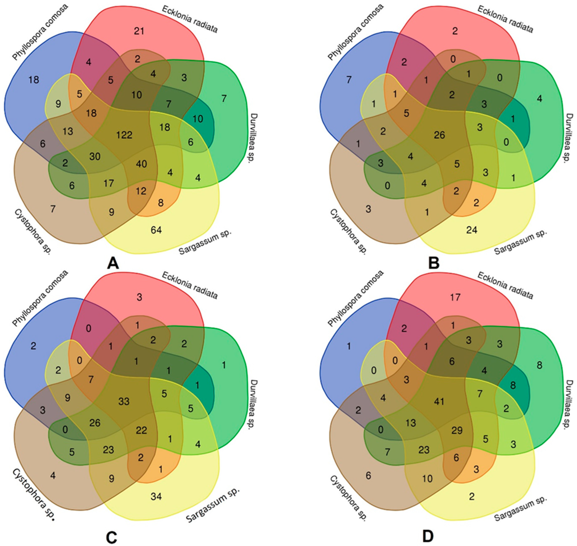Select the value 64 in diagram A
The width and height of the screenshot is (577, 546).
pyautogui.click(x=156, y=230)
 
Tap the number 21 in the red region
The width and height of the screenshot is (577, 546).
pyautogui.click(x=139, y=31)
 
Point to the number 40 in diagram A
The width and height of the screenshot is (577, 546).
pyautogui.click(x=142, y=164)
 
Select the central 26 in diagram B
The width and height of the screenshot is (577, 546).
pyautogui.click(x=439, y=135)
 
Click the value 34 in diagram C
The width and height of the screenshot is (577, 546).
pyautogui.click(x=156, y=497)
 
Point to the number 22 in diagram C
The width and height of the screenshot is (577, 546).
pyautogui.click(x=142, y=430)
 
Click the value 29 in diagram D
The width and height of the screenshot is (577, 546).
pyautogui.click(x=457, y=430)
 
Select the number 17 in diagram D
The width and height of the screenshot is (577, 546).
pyautogui.click(x=455, y=297)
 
